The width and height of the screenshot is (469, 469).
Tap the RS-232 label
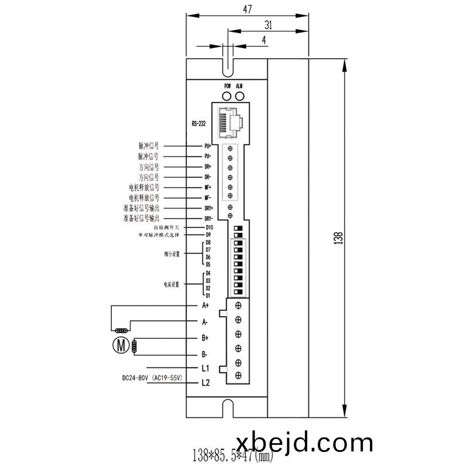coord(199,124)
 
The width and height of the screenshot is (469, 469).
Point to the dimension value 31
coord(269,25)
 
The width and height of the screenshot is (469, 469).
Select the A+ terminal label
coord(205,305)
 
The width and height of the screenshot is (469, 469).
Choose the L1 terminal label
coord(205,369)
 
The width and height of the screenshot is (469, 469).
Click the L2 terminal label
coord(205,383)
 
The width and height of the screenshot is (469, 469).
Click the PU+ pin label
coord(208,145)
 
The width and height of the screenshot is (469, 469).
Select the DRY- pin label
coord(209,219)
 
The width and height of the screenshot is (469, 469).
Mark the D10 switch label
coord(209,227)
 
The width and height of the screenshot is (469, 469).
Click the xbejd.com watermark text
coord(304,442)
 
